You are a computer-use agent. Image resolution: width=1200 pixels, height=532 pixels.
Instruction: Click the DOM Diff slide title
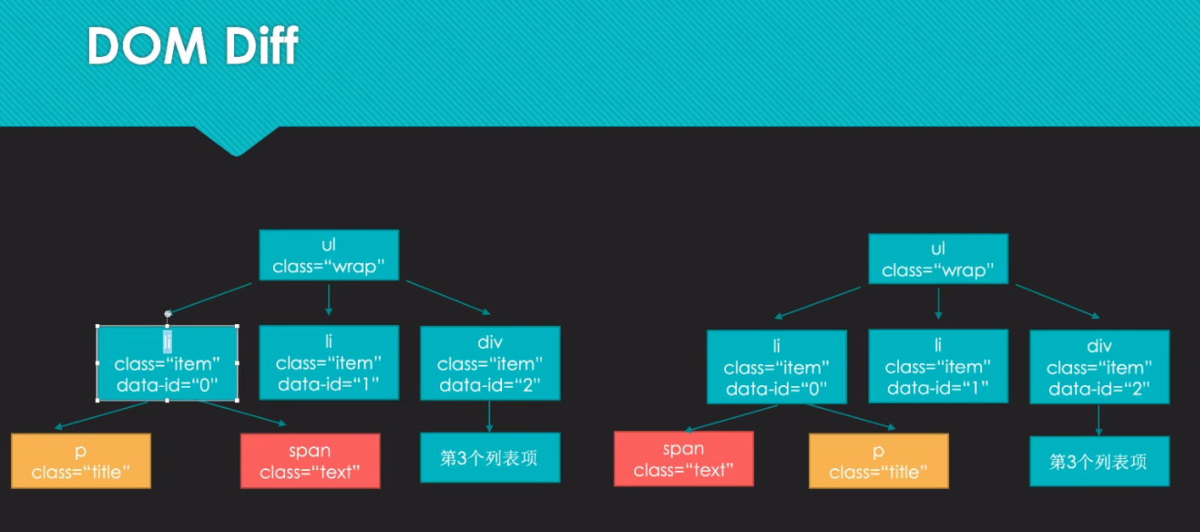point(193,46)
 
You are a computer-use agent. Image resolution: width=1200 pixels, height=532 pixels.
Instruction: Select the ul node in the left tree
point(328,255)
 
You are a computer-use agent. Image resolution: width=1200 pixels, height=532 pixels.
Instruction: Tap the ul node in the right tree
point(938,260)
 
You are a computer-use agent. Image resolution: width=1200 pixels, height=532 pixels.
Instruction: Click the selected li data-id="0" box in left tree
point(167,363)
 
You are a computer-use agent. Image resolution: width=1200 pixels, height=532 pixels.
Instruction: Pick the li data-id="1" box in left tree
point(328,363)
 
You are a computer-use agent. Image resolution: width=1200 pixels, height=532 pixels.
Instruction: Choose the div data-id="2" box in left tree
point(490,363)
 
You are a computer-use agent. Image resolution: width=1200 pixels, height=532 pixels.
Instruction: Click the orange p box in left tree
point(81,461)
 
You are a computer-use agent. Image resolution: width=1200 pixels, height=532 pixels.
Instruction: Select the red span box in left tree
point(310,461)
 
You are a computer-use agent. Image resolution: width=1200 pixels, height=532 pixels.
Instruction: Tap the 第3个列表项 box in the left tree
point(489,458)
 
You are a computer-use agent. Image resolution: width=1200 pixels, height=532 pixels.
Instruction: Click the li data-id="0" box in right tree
point(776,367)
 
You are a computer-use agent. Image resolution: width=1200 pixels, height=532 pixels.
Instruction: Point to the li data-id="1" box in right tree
point(938,367)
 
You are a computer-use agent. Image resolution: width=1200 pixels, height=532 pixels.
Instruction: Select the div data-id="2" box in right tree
point(1099,367)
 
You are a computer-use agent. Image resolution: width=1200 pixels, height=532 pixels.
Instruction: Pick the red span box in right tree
point(683,459)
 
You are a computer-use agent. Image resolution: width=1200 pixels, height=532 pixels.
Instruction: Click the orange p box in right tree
point(879,461)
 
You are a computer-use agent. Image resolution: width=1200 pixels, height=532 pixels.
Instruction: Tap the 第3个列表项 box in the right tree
point(1099,462)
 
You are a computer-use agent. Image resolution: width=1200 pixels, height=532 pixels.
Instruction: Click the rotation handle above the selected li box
point(167,314)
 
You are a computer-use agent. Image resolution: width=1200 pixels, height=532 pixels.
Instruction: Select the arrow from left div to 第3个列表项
point(489,417)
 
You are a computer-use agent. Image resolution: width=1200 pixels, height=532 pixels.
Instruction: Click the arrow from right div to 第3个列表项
point(1099,420)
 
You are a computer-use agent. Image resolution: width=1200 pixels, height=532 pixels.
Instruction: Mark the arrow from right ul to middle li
point(938,304)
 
